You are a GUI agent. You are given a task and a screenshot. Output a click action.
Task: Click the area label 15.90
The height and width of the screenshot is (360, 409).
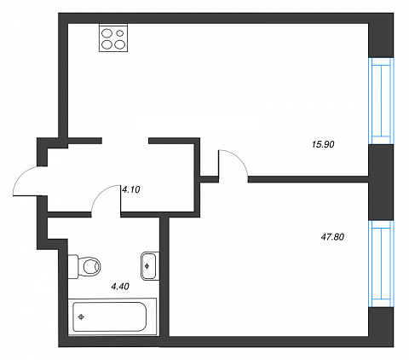pyautogui.click(x=323, y=144)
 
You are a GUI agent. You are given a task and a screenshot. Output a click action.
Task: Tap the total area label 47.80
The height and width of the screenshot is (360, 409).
pyautogui.click(x=332, y=236)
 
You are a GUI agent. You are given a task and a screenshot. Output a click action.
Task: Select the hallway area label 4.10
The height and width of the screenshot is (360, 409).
pyautogui.click(x=131, y=189)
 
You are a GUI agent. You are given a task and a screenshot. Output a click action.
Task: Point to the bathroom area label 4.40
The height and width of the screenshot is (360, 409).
pyautogui.click(x=120, y=286)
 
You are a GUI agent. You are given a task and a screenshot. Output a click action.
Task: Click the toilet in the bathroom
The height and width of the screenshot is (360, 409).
pyautogui.click(x=84, y=266)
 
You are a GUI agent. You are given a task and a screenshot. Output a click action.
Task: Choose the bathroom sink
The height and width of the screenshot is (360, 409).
pyautogui.click(x=149, y=266)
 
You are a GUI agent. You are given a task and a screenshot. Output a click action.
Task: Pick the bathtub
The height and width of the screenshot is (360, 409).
pyautogui.click(x=112, y=316)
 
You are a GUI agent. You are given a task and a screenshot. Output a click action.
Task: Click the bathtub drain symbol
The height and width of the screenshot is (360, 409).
pyautogui.click(x=81, y=317)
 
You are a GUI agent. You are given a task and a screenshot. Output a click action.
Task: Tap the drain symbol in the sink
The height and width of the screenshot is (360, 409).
pyautogui.click(x=147, y=266)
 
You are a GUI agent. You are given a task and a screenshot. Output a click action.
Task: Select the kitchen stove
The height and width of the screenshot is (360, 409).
pyautogui.click(x=113, y=38)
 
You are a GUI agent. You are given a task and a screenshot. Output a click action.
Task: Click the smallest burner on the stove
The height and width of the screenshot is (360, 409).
pyautogui.click(x=120, y=33)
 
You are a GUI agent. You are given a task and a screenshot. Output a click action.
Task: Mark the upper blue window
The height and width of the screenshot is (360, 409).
pyautogui.click(x=381, y=101)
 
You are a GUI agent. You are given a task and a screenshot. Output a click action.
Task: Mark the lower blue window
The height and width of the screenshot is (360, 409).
pyautogui.click(x=381, y=264)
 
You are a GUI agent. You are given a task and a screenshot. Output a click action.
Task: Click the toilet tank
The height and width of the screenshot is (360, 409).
pyautogui.click(x=73, y=266)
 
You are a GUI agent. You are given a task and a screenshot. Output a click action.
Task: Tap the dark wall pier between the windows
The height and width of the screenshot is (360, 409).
pyautogui.click(x=381, y=183)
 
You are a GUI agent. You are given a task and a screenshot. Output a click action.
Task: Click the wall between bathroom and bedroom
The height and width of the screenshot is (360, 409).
pyautogui.click(x=164, y=276)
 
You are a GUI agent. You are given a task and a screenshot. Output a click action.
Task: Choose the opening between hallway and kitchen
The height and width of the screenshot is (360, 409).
pyautogui.click(x=125, y=141)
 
